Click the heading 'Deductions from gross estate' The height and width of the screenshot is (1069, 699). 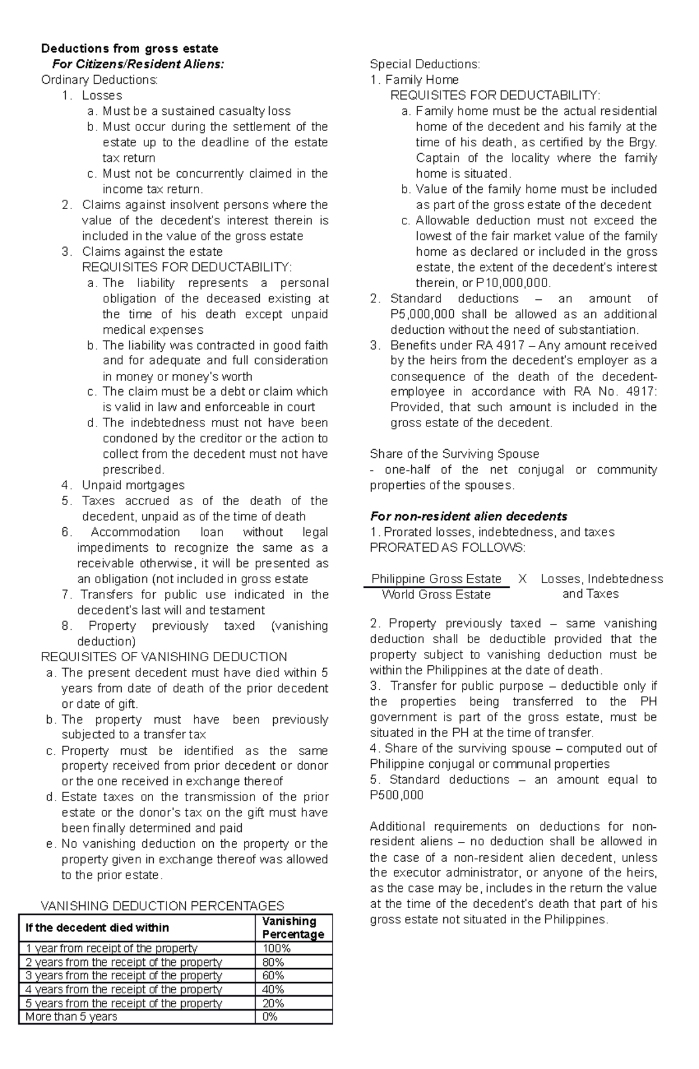click(129, 48)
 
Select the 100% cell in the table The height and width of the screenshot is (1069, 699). click(276, 948)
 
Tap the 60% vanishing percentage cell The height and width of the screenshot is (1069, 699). click(273, 976)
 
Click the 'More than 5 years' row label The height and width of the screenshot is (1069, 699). click(71, 1017)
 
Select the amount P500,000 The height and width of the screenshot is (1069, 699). click(397, 795)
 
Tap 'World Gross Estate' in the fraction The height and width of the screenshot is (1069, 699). click(436, 595)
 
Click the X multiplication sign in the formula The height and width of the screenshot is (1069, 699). click(523, 579)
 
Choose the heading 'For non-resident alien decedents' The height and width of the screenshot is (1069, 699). click(468, 517)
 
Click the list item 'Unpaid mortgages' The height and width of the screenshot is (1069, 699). click(133, 485)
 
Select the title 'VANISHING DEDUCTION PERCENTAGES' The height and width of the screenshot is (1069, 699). click(162, 906)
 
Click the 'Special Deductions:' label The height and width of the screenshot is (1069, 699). click(425, 64)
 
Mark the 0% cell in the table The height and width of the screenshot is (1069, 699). click(270, 1017)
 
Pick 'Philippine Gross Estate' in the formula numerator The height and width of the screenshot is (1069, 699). click(436, 579)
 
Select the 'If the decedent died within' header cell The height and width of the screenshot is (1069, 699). click(97, 927)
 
